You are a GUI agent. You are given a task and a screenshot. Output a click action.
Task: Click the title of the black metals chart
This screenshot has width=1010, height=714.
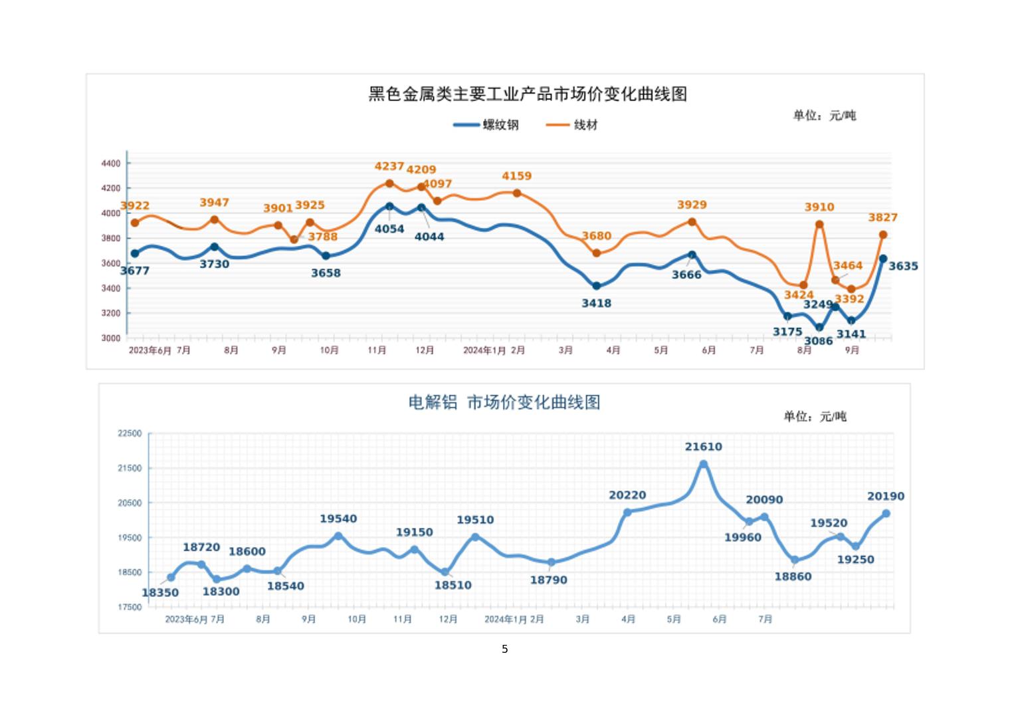[x=528, y=94]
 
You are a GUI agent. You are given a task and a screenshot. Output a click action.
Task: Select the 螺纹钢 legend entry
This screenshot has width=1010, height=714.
[x=486, y=124]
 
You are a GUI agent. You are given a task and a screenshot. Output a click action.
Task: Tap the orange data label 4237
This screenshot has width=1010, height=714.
[x=389, y=166]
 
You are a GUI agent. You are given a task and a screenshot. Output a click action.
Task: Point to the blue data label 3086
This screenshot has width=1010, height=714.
[x=818, y=341]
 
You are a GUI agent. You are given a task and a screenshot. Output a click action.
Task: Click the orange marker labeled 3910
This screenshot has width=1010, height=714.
[x=819, y=225]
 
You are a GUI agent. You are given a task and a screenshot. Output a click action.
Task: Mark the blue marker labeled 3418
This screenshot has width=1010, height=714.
[x=596, y=286]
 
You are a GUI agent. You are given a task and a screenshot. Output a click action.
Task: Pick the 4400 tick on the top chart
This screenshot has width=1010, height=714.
[x=111, y=164]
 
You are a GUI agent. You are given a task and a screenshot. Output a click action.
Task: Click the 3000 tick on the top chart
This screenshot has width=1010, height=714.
[x=111, y=338]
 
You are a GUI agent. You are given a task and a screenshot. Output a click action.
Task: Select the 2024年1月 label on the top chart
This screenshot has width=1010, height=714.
[x=484, y=350]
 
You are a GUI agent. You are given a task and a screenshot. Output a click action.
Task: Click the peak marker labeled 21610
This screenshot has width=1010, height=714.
[x=704, y=465]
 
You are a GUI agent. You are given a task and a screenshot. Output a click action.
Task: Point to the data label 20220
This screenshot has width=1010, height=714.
[x=627, y=495]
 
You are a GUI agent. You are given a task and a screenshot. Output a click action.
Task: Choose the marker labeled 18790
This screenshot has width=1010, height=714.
[x=551, y=562]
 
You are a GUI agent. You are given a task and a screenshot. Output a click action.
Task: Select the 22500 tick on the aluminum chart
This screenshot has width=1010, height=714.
[x=130, y=433]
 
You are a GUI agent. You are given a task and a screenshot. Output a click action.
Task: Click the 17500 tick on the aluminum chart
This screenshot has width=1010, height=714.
[x=130, y=607]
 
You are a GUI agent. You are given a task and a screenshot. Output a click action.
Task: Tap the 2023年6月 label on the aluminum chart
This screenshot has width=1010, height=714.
[x=186, y=619]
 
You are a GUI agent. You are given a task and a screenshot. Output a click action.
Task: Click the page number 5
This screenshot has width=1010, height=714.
[x=505, y=649]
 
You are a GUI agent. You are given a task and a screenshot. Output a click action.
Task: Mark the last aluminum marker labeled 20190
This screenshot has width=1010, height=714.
[x=886, y=513]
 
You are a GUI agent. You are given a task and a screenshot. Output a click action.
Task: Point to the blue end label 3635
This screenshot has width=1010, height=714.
[x=903, y=266]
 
